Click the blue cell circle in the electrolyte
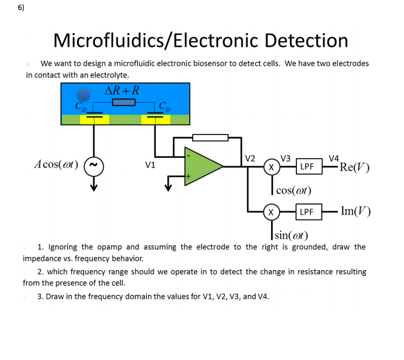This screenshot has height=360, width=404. pos(83,94)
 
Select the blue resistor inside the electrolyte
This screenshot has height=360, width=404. pos(124,103)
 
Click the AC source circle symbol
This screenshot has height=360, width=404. pos(93,165)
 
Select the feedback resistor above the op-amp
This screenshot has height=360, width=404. pos(210,137)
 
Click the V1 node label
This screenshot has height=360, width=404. pos(150,164)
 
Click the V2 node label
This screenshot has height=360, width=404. pos(249,158)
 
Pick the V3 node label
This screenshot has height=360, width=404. pos(286,158)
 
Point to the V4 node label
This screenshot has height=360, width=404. pos(334,158)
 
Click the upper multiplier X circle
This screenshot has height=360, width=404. pos(270,166)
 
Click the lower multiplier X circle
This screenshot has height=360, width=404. pos(270,211)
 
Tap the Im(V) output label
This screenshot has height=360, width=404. pos(355,211)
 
